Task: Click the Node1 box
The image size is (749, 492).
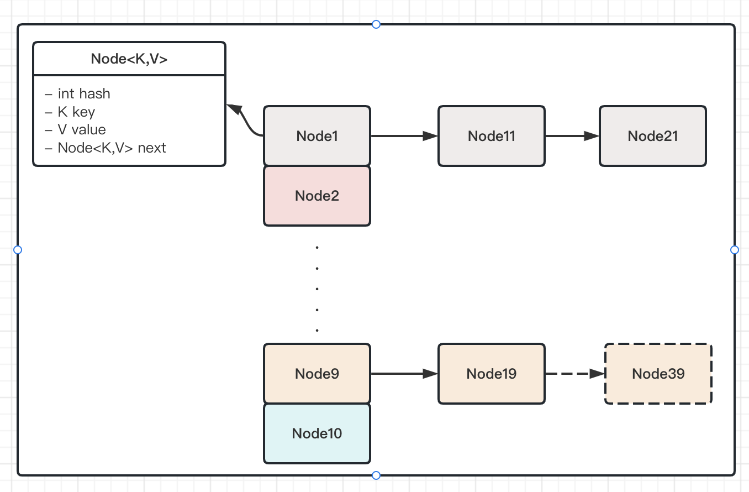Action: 317,136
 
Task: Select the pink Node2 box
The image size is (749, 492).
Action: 317,196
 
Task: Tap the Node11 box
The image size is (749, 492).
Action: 491,136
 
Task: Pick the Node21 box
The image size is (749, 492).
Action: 652,136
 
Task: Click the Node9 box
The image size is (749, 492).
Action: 317,374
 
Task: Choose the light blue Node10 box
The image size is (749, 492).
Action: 317,433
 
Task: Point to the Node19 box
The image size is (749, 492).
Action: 491,374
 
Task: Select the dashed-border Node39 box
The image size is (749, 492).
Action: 658,374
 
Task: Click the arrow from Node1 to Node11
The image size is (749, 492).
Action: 403,136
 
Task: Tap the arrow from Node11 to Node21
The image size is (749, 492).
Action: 572,136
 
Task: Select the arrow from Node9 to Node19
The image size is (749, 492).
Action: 403,374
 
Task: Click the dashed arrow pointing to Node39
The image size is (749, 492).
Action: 574,374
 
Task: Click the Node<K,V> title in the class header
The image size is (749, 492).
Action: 129,59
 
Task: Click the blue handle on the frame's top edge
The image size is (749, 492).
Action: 376,24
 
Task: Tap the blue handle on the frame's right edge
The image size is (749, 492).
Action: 734,250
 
